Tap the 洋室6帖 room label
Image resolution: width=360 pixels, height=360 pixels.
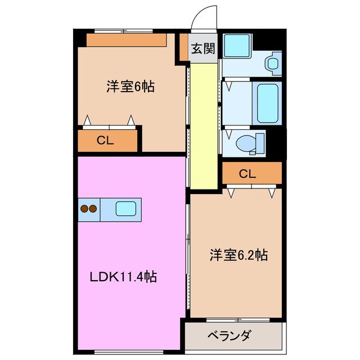(130, 87)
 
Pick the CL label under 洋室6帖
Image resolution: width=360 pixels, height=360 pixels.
(105, 141)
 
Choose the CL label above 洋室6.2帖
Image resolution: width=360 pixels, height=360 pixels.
(247, 174)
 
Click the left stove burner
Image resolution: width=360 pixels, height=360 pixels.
(84, 209)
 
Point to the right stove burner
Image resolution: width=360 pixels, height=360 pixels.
(93, 209)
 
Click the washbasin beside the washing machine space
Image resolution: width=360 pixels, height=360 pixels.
(273, 62)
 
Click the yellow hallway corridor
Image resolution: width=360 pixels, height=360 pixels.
(203, 127)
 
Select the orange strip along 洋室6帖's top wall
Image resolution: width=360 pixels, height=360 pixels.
(127, 40)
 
